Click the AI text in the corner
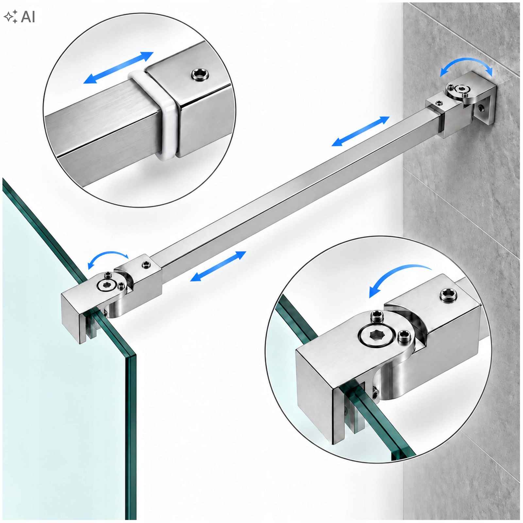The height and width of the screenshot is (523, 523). click(x=28, y=17)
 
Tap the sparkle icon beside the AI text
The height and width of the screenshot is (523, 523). click(x=11, y=17)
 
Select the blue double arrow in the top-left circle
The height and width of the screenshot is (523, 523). click(x=118, y=68)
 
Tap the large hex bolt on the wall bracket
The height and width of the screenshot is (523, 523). click(x=462, y=89)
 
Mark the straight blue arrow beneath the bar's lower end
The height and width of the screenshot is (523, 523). click(x=218, y=266)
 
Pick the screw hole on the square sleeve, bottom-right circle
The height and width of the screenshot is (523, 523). click(x=448, y=295)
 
